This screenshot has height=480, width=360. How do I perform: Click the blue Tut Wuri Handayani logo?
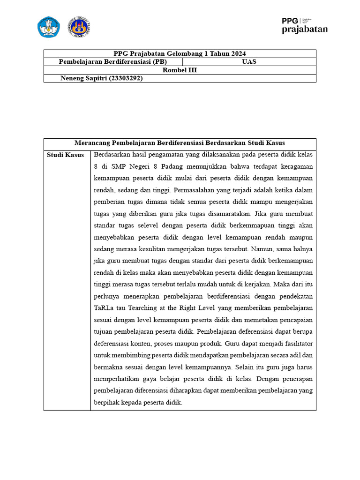pyautogui.click(x=49, y=27)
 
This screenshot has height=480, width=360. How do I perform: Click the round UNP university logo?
pyautogui.click(x=79, y=27)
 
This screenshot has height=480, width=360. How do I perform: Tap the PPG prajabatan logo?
pyautogui.click(x=304, y=26)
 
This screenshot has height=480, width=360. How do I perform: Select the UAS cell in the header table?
pyautogui.click(x=249, y=62)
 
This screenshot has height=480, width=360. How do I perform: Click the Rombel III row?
pyautogui.click(x=180, y=70)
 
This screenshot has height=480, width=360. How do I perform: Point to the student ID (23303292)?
pyautogui.click(x=126, y=78)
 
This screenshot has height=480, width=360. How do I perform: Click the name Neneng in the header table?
pyautogui.click(x=72, y=78)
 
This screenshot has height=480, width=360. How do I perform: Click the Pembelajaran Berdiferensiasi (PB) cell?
pyautogui.click(x=112, y=62)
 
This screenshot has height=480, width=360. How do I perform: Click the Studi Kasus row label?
pyautogui.click(x=66, y=155)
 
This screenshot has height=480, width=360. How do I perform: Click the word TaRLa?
pyautogui.click(x=104, y=308)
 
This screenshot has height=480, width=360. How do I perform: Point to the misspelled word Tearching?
pyautogui.click(x=146, y=308)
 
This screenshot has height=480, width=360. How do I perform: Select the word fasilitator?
pyautogui.click(x=296, y=343)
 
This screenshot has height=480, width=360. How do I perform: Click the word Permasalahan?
pyautogui.click(x=199, y=190)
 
